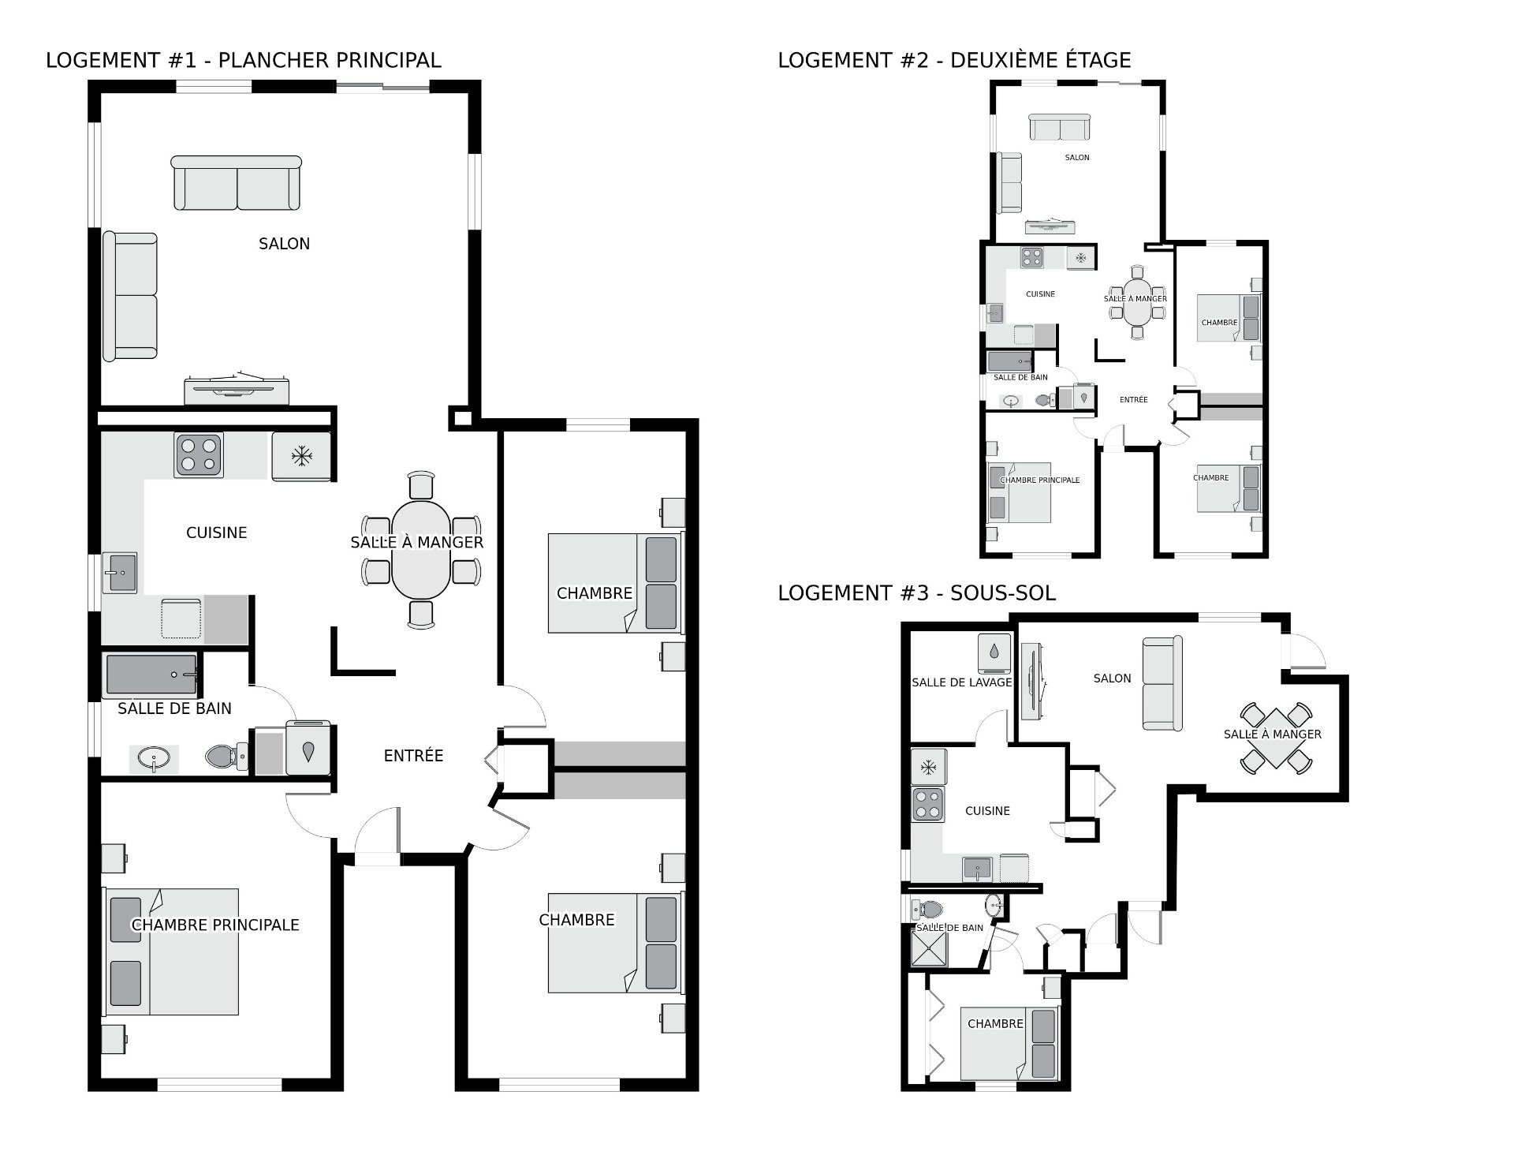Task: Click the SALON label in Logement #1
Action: click(284, 244)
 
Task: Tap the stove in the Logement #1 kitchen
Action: click(199, 455)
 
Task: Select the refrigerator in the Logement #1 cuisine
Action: click(301, 456)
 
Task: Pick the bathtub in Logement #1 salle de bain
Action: click(151, 675)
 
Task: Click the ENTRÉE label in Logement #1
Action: click(413, 756)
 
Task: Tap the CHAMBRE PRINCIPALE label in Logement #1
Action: click(215, 925)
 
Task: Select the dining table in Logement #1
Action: click(421, 550)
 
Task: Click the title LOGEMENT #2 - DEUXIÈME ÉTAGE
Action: click(954, 60)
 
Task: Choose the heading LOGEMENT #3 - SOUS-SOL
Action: click(916, 592)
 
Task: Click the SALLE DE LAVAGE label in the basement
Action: click(961, 682)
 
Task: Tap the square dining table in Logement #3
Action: click(1276, 738)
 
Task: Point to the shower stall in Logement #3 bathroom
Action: click(930, 945)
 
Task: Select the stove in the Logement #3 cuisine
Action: click(927, 804)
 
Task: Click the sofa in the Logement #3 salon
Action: click(1162, 683)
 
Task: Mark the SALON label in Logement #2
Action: click(1077, 158)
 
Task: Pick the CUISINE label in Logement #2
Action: click(1040, 294)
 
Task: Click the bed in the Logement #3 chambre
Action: click(1009, 1043)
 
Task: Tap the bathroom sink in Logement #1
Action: click(153, 760)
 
